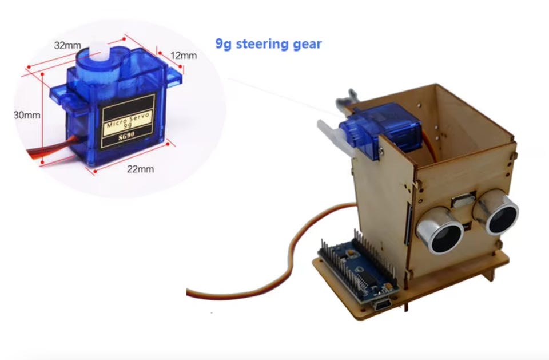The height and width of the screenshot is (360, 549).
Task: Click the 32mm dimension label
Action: tap(67, 46)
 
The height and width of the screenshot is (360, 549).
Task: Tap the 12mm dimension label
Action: tap(184, 56)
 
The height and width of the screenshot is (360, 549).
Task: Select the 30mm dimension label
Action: tap(27, 115)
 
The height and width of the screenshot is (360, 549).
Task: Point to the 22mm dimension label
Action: tap(141, 169)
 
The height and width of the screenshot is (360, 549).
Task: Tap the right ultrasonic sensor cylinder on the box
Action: tap(497, 212)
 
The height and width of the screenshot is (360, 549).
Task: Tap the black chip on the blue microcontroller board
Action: tap(365, 278)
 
